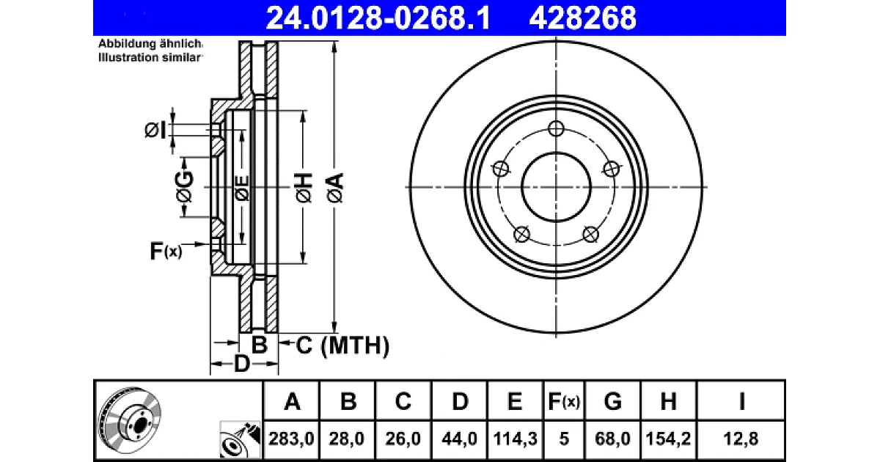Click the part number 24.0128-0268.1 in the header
coord(378,18)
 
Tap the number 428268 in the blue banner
coord(582,18)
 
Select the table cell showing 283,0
coord(291,439)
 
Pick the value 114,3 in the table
coord(515,439)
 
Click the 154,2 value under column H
coord(668,439)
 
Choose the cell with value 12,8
coord(741,439)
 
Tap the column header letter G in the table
coord(612,402)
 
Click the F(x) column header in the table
coord(564,402)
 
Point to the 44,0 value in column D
coord(459,439)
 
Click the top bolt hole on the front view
coord(556,128)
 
